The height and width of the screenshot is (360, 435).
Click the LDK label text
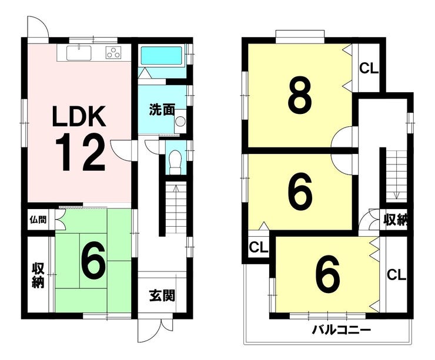[x=79, y=116]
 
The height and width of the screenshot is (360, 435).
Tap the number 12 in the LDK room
[x=81, y=152]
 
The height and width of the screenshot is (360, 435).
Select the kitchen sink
[x=79, y=53]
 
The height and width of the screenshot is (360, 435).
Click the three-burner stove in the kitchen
[x=113, y=52]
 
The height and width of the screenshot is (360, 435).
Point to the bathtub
[x=161, y=56]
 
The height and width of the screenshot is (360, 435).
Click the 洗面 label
[x=162, y=109]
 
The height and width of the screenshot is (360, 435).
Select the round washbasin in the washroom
[x=180, y=122]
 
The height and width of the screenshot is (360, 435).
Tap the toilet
[x=175, y=162]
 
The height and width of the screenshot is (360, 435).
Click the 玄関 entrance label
[x=162, y=295]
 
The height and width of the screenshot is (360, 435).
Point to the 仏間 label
[x=38, y=220]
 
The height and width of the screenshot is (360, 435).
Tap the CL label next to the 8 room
[x=369, y=68]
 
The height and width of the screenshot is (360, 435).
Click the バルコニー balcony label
[x=342, y=330]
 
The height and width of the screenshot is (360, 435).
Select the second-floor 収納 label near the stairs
[x=396, y=220]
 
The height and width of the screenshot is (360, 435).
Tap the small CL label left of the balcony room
[x=259, y=247]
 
